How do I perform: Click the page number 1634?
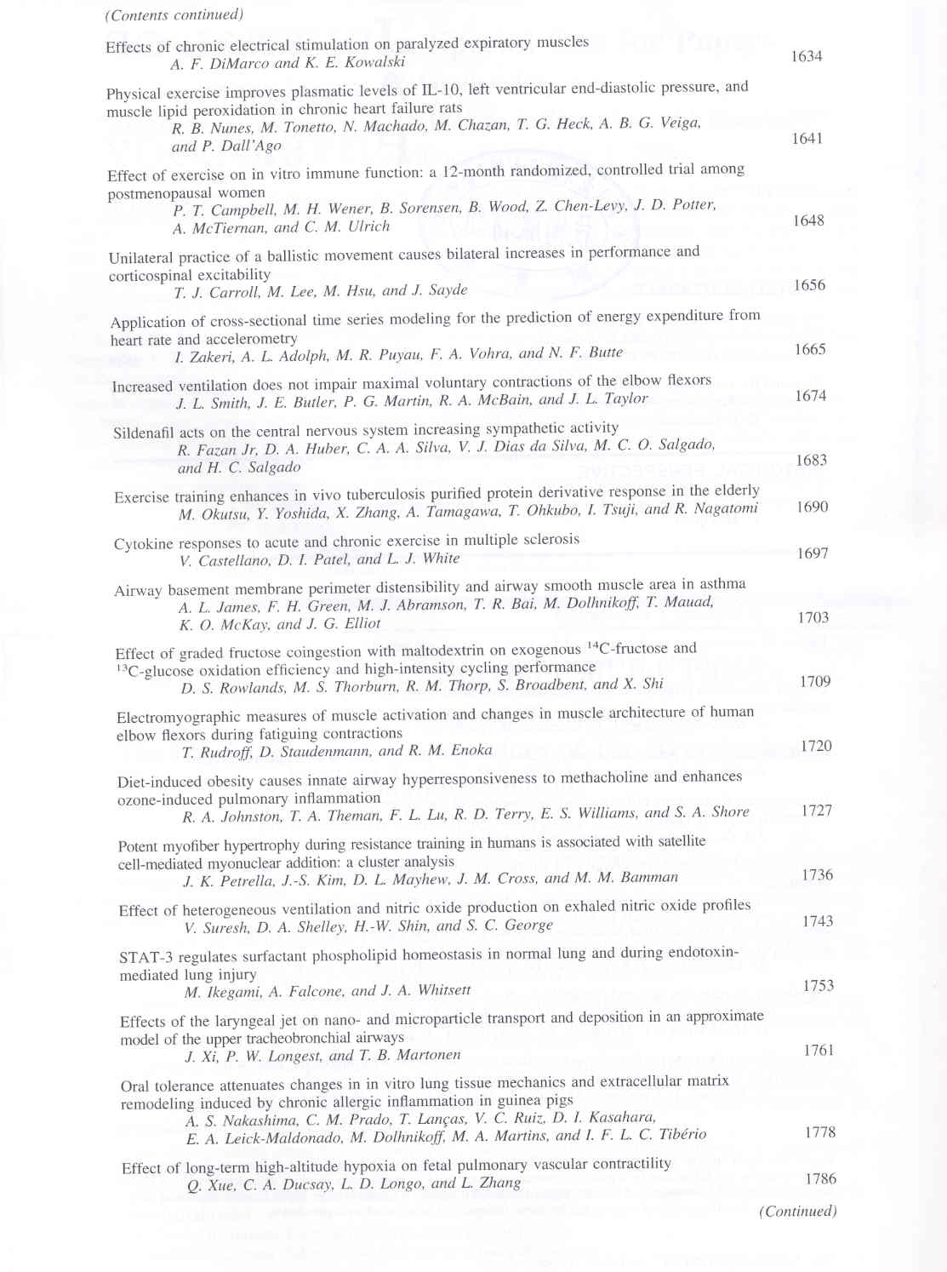click(806, 56)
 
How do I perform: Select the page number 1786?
click(820, 1179)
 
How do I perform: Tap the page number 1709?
click(815, 682)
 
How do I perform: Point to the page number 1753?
click(819, 986)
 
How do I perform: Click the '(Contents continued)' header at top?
click(174, 14)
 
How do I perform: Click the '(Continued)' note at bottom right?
click(797, 1212)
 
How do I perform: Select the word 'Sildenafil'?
click(144, 433)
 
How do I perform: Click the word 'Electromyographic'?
click(176, 716)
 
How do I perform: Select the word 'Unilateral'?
click(140, 257)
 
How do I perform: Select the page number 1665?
click(810, 350)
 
